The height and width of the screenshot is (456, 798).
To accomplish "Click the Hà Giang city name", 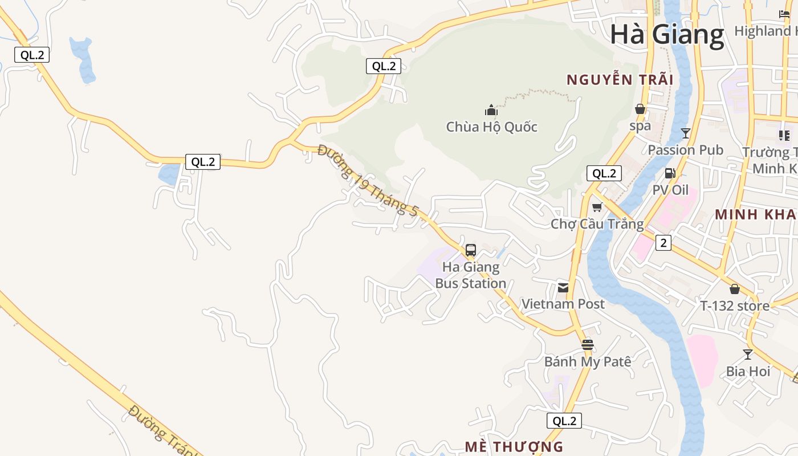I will click(667, 34).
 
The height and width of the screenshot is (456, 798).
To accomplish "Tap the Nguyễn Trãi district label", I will click(620, 80).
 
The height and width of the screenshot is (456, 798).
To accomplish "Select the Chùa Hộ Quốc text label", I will click(491, 127).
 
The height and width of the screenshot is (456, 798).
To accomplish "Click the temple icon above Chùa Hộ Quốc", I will click(491, 110).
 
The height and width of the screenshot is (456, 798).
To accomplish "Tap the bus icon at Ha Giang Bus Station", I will click(471, 250).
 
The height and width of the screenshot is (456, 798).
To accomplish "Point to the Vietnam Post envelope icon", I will click(563, 287).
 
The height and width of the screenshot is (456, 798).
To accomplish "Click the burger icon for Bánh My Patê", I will click(588, 344).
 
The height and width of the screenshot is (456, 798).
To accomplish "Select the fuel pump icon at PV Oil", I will click(670, 173).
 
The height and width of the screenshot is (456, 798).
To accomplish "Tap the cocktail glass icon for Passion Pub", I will click(686, 133).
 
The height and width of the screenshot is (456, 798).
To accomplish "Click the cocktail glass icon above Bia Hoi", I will click(748, 354).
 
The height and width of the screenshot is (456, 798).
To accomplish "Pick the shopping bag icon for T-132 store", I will click(735, 289).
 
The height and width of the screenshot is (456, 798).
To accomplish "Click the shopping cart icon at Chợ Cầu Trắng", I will click(597, 207).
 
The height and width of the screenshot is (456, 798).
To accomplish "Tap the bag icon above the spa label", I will click(640, 109).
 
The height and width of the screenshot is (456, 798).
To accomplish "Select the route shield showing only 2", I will click(663, 243).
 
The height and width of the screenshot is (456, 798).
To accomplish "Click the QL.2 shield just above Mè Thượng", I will click(564, 421).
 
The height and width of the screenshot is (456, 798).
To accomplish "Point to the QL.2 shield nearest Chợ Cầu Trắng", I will click(604, 173).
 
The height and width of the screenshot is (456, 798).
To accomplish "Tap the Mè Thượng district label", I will click(514, 446).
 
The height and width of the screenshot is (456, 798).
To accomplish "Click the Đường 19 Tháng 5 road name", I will click(368, 181).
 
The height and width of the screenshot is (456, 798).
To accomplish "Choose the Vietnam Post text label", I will click(563, 304).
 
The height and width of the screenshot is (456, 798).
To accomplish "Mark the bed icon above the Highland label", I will click(784, 14).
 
